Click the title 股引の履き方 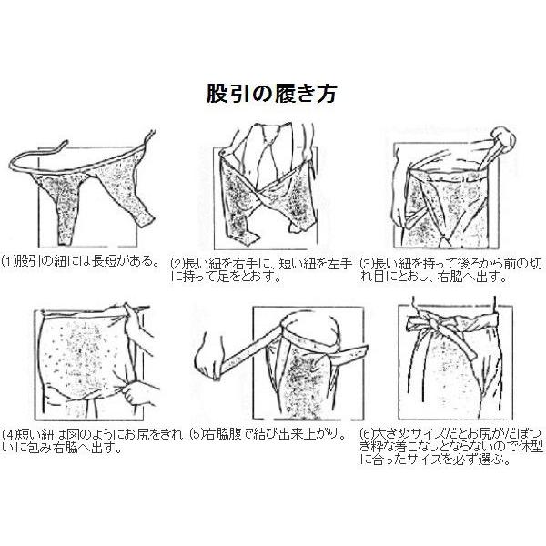(271, 94)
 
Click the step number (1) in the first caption (7, 261)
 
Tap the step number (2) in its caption (177, 263)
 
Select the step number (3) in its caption (366, 264)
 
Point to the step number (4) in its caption (9, 434)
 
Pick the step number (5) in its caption (197, 434)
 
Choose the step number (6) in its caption (366, 434)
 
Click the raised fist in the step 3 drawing (503, 138)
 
